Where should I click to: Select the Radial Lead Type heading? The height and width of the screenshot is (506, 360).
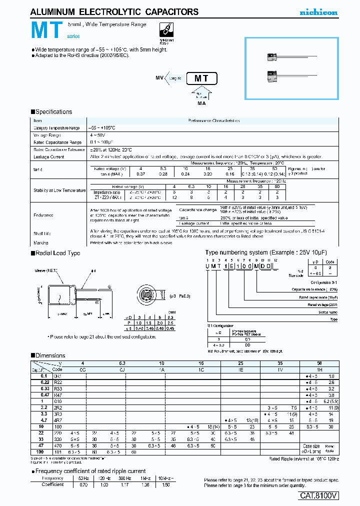click(x=57, y=253)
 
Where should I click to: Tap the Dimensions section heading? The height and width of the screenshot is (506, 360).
click(x=50, y=355)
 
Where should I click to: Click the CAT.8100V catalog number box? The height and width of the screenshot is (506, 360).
click(x=319, y=495)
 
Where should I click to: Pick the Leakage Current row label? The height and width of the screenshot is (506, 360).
click(x=48, y=157)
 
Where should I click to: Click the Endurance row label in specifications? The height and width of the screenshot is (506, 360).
click(x=44, y=214)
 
